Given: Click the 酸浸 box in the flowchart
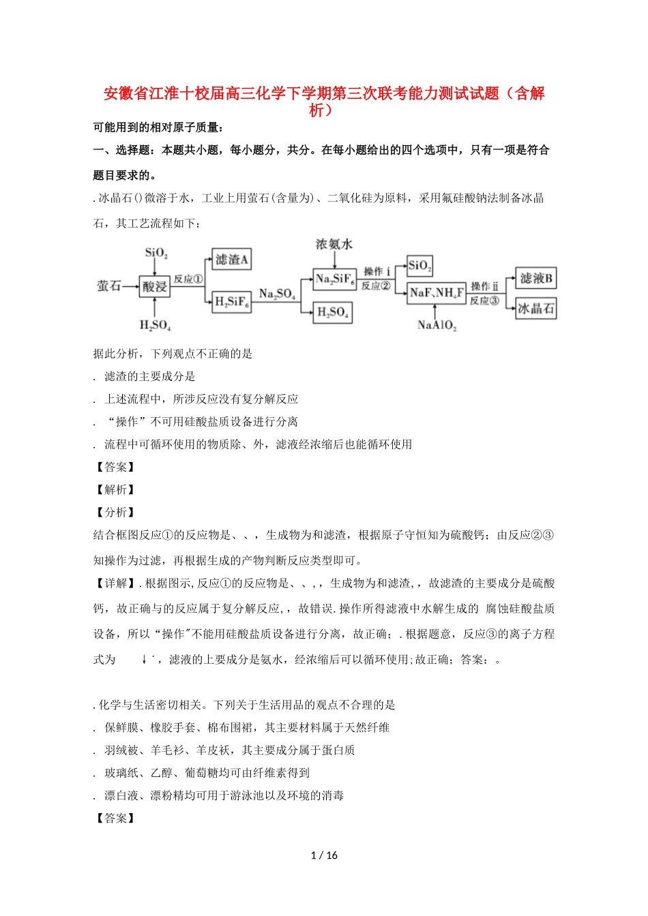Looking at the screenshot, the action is click(154, 286).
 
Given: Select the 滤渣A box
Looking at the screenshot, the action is click(231, 260).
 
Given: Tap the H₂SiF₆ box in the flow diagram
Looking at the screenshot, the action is click(232, 301).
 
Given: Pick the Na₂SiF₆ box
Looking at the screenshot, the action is click(334, 279).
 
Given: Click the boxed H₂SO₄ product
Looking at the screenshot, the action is click(333, 313).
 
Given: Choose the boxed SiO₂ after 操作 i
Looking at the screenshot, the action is click(419, 265).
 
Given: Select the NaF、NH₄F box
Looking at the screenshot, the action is click(437, 293).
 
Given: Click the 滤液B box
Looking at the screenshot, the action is click(536, 278).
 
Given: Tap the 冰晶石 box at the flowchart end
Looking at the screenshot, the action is click(536, 308).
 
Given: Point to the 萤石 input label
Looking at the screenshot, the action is click(108, 286).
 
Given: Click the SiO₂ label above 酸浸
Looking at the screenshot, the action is click(156, 253).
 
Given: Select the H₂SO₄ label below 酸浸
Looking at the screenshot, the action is click(155, 325).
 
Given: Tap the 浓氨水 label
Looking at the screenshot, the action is click(334, 244).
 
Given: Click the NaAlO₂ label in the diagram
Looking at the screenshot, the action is click(437, 325).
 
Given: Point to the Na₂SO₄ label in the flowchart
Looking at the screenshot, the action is click(277, 294).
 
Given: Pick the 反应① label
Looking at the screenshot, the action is click(188, 279).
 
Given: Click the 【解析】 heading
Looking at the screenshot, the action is click(115, 489).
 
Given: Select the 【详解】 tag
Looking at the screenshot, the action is click(115, 583).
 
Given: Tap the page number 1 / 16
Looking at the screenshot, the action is click(324, 855).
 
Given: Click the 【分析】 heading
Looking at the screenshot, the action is click(115, 512).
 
